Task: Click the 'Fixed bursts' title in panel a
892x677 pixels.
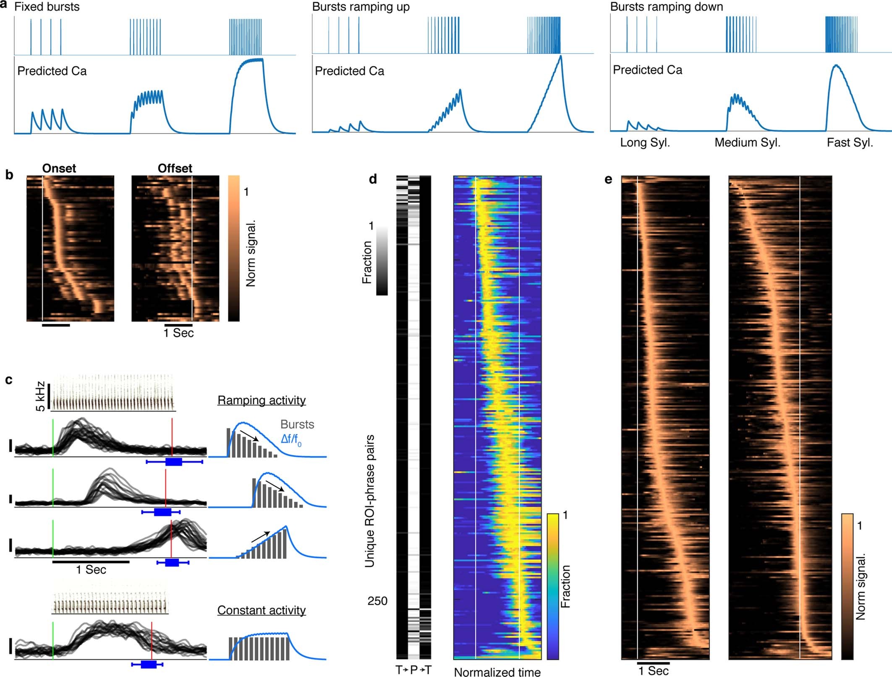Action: pos(47,7)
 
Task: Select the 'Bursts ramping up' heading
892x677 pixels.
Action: pos(361,7)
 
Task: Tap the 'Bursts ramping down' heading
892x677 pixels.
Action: pos(666,7)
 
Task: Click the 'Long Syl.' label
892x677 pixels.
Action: pos(645,142)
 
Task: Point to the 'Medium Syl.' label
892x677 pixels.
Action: pos(747,142)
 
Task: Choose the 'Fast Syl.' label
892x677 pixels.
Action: pos(850,142)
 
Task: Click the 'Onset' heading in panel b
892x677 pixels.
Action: pos(59,168)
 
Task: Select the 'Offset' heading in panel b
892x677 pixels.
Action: pos(175,168)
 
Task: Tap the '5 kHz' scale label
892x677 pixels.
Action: pos(40,396)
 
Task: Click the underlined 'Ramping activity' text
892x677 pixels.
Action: pos(261,400)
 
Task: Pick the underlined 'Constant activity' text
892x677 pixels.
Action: pos(261,610)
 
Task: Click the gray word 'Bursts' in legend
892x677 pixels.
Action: pos(297,424)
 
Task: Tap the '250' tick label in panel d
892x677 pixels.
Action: pos(377,601)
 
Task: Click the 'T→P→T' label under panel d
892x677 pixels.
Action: pos(413,670)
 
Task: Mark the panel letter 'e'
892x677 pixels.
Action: pos(608,179)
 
